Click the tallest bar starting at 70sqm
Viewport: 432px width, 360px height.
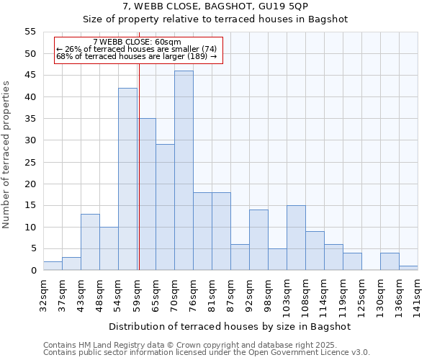point(184,171)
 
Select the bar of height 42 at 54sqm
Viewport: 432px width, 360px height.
point(127,179)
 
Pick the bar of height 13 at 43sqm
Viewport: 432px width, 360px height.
point(90,242)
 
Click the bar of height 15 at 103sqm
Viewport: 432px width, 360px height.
point(296,238)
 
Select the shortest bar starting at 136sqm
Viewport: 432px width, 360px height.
point(408,268)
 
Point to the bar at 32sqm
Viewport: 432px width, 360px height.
point(53,266)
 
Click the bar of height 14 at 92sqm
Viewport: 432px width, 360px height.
point(258,240)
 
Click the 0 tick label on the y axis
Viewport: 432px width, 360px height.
point(32,271)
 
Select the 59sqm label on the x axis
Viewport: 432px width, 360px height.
point(137,294)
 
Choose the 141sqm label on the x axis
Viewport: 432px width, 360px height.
point(418,297)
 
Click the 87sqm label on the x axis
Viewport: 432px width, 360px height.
point(230,294)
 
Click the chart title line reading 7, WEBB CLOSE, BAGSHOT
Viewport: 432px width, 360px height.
point(215,6)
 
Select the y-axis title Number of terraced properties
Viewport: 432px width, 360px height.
point(6,154)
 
